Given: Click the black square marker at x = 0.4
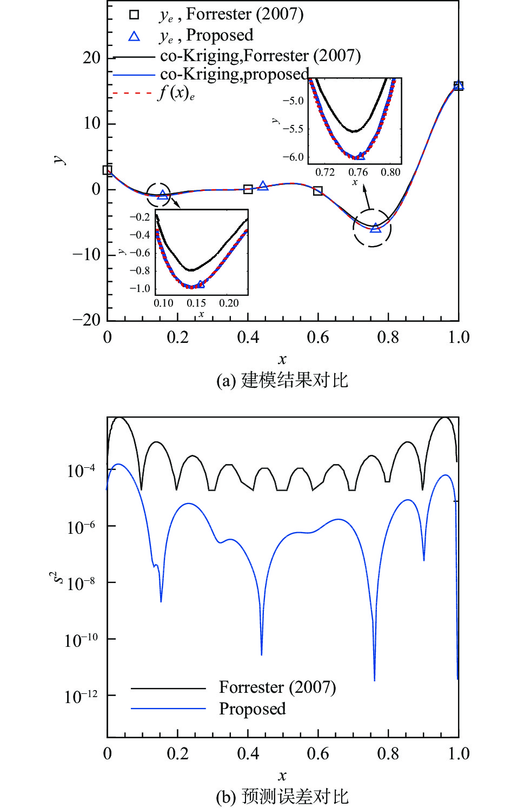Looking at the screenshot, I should coord(248,189).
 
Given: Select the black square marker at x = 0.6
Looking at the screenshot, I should coord(318,191).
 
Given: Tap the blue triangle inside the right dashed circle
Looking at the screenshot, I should coord(375,228).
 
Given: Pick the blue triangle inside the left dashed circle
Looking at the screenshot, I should coord(162,195).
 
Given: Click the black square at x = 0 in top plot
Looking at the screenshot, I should coord(108,170).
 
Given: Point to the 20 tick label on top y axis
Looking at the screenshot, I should coord(91,58).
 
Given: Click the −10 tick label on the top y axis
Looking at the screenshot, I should coord(87,254).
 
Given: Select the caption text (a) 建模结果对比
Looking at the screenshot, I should coord(282,380).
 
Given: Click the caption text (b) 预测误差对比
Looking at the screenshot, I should coord(282,797).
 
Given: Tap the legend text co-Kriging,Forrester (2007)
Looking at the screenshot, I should coord(260,56).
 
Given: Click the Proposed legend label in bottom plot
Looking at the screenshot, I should coord(252,708).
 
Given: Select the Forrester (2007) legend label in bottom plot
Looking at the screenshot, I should coord(277,687).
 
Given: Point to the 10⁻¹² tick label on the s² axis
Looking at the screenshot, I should coord(81,696).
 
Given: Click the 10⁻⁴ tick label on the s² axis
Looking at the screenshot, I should coord(81,470).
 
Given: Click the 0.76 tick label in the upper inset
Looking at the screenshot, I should coord(357,173).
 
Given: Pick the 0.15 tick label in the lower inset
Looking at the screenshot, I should coord(196,303).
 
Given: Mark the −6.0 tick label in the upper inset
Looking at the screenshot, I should coord(293,157).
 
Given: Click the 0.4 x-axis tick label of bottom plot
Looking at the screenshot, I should coord(248,753).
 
